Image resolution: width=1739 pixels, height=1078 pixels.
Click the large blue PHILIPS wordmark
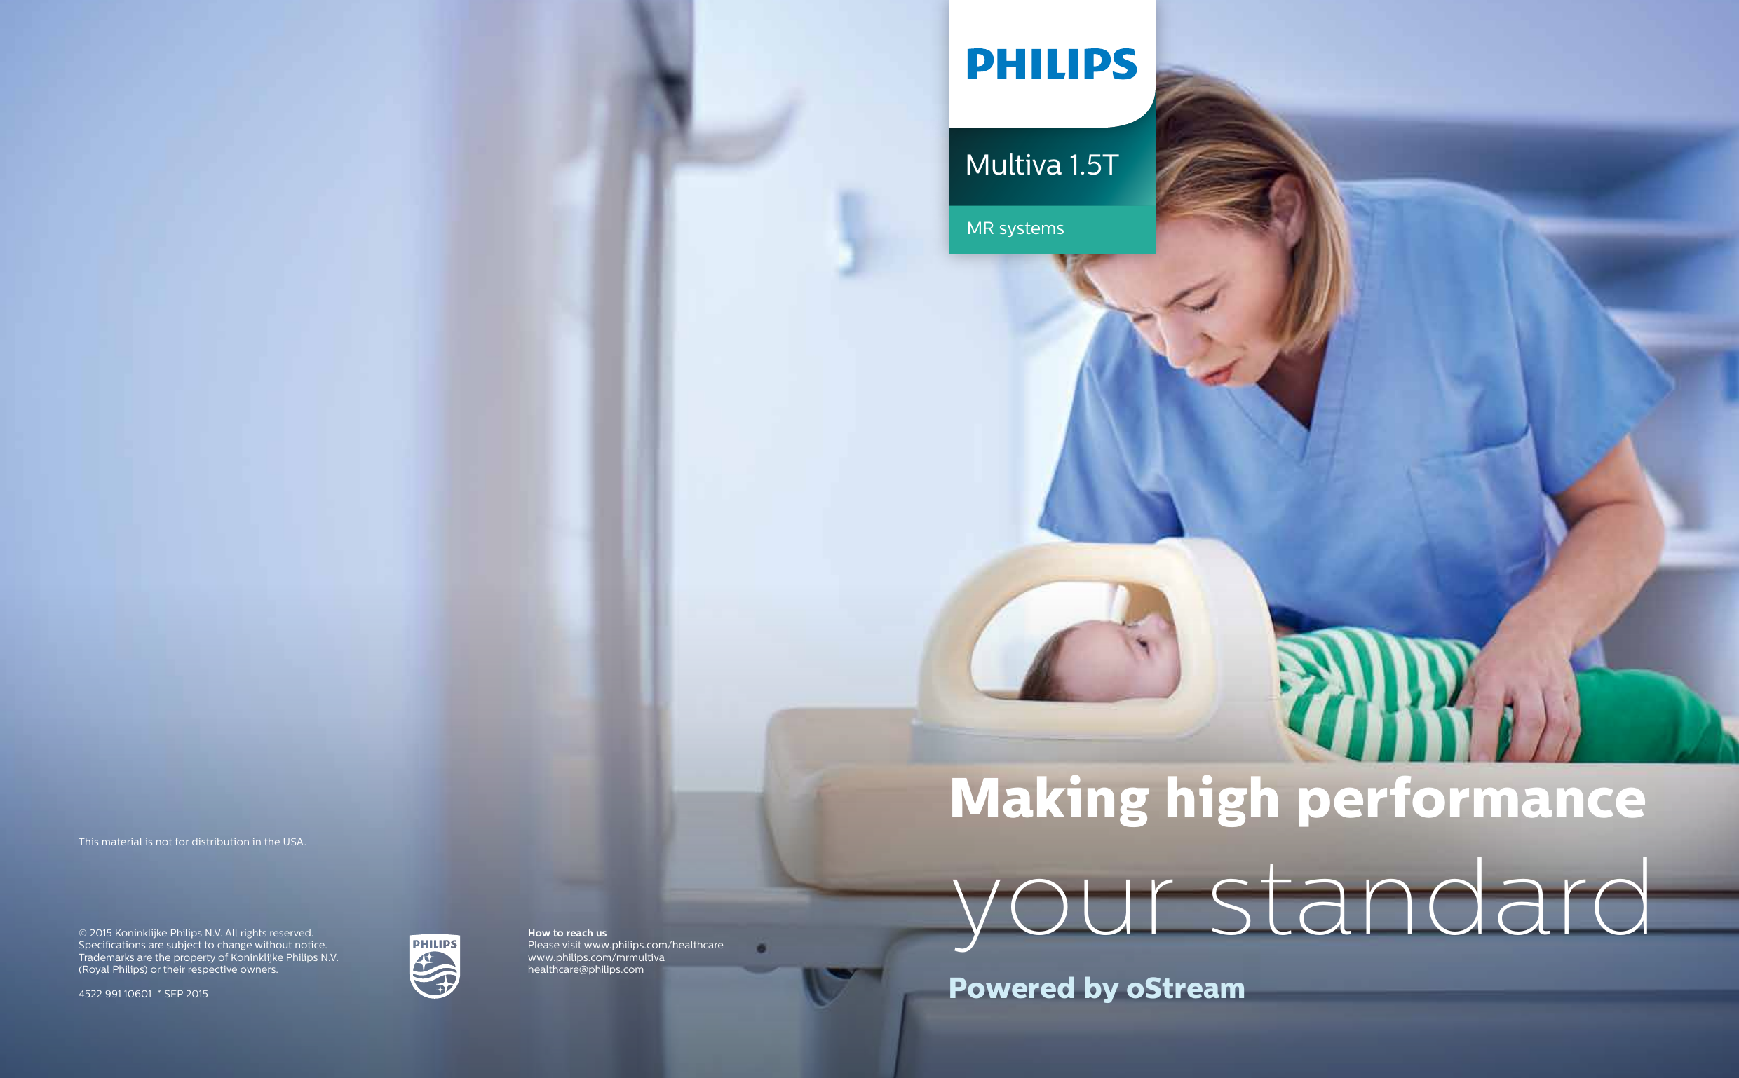click(x=1051, y=64)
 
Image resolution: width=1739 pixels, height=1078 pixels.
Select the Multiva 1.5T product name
click(x=1041, y=165)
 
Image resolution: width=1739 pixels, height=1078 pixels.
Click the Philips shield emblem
click(x=434, y=966)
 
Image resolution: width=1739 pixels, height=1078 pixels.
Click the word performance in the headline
click(x=1471, y=800)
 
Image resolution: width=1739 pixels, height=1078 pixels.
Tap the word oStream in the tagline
click(x=1185, y=988)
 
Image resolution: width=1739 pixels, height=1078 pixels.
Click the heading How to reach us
click(x=567, y=932)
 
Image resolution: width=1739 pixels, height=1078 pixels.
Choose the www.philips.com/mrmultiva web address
click(x=595, y=957)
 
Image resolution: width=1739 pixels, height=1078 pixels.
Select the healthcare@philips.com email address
click(x=586, y=969)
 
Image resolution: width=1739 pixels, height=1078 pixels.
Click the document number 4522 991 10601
click(x=115, y=994)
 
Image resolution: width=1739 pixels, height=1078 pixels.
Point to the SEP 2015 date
click(x=186, y=994)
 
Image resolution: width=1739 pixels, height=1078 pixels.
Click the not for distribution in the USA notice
click(x=192, y=842)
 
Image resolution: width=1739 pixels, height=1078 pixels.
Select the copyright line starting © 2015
click(x=196, y=932)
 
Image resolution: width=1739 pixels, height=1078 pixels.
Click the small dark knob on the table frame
click(x=761, y=949)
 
